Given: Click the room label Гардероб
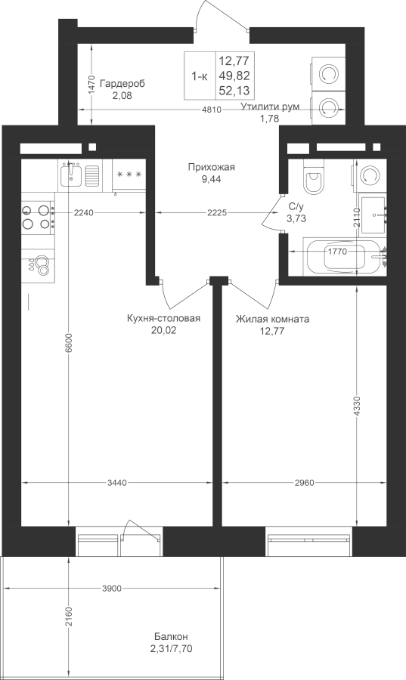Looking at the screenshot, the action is pos(122,84).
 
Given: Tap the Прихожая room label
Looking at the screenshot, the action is pos(211,167).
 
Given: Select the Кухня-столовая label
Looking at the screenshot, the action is pos(163,319).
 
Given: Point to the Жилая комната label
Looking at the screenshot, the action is pos(272,320).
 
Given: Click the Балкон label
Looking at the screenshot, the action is pos(171,637).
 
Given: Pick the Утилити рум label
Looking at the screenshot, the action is pos(270,107).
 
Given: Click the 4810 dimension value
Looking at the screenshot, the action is pos(212,110).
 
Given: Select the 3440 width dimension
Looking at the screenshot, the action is pos(116,482).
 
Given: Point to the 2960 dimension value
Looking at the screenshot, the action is pos(304,482).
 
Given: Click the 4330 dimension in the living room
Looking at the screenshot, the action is pos(357,406).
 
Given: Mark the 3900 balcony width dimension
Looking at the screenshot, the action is pos(111,589).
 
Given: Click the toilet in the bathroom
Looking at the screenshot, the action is pos(314,177).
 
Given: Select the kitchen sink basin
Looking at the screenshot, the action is pos(71,175).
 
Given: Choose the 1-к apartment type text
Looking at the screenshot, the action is pos(200,77).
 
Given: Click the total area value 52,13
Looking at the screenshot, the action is pos(234,91).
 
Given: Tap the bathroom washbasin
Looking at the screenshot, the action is pos(373,215).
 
